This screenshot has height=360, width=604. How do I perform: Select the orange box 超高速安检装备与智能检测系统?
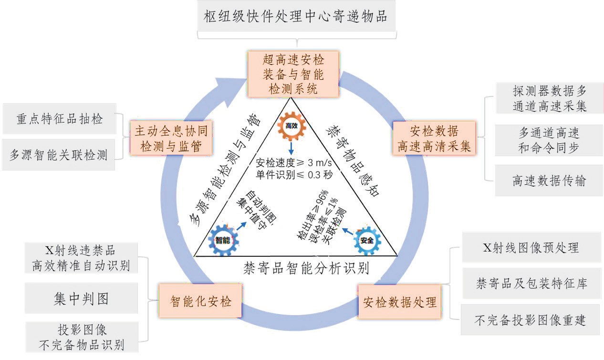(x=293, y=74)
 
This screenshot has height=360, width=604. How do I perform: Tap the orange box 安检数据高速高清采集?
(x=434, y=138)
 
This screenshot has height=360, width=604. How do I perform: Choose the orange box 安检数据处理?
(x=400, y=302)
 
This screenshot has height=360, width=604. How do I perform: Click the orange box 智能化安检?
(x=200, y=301)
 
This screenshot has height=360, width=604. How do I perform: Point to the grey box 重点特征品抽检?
(x=60, y=119)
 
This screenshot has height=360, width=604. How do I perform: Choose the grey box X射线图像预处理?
(x=531, y=247)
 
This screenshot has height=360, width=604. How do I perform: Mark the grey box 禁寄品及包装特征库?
(x=531, y=284)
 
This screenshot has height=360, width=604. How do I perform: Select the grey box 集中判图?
(x=81, y=298)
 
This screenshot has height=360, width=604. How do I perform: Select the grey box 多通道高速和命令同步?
(x=549, y=140)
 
